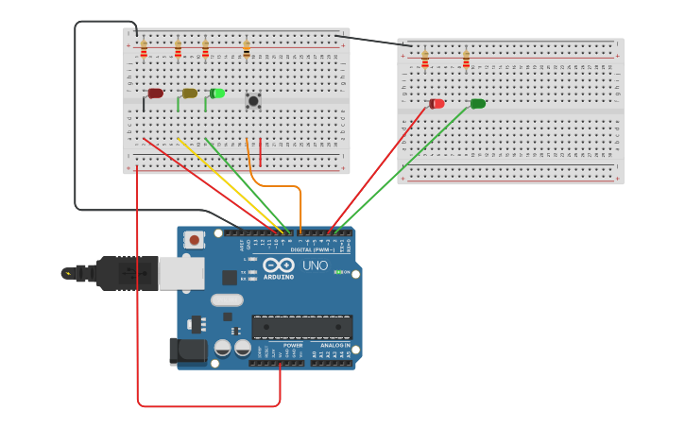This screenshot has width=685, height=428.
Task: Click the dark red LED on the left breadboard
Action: [x=155, y=94]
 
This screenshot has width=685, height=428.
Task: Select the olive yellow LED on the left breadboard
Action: [x=189, y=94]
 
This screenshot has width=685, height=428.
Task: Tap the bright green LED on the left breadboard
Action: [x=217, y=94]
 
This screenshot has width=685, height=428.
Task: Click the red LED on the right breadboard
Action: [x=437, y=104]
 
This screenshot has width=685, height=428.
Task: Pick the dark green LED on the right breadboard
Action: [x=478, y=104]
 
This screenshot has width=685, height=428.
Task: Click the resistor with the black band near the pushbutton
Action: [x=247, y=49]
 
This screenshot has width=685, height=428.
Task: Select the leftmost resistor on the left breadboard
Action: [x=144, y=49]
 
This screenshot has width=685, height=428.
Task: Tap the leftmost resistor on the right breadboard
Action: [x=425, y=60]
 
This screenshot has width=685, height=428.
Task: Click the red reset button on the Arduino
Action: [x=195, y=240]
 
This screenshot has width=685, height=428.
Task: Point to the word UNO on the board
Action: [x=315, y=266]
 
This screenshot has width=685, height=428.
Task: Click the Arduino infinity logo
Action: [x=279, y=265]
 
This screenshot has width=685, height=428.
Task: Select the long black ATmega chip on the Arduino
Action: [x=301, y=327]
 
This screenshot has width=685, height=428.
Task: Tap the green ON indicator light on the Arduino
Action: [x=338, y=272]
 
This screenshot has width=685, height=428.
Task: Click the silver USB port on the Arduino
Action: [x=180, y=273]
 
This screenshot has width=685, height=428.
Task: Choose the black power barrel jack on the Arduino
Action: [x=187, y=351]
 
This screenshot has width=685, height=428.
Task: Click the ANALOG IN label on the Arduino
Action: [x=334, y=346]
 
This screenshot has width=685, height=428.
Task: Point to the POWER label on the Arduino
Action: [x=293, y=346]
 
